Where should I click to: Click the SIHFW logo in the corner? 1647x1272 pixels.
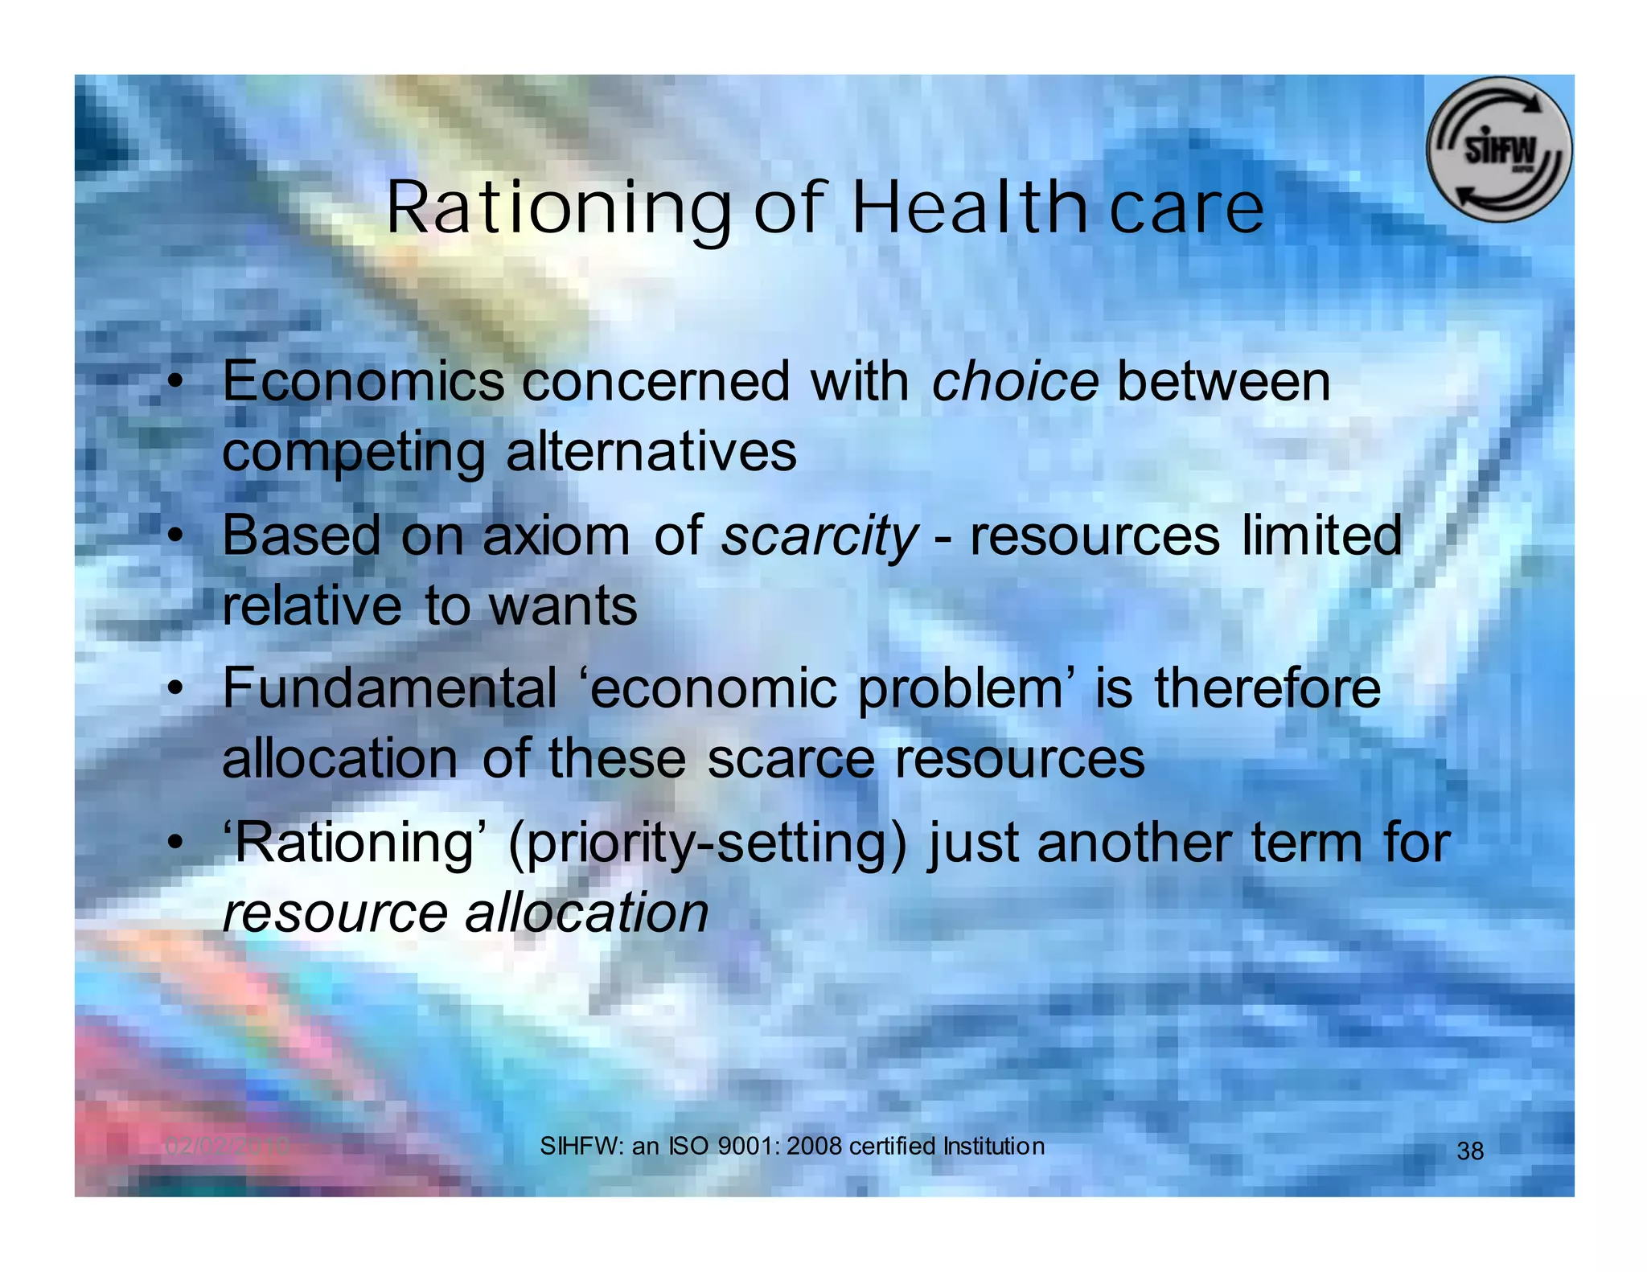coord(1498,150)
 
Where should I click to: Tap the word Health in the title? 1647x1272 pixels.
coord(967,207)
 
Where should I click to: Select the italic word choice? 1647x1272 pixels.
coord(1015,381)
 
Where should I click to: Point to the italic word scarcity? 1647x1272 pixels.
coord(819,537)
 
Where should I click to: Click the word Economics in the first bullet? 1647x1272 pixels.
coord(363,381)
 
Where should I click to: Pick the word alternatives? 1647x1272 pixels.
coord(651,452)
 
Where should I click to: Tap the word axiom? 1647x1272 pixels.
coord(556,535)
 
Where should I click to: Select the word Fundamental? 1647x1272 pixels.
coord(389,689)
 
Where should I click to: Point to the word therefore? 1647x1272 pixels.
coord(1267,689)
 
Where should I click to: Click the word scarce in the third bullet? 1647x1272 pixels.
coord(791,759)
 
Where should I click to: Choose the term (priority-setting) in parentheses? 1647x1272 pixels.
coord(707,844)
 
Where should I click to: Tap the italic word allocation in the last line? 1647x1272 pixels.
coord(587,913)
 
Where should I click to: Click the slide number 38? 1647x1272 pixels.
coord(1470,1151)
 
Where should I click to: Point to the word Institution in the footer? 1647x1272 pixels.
coord(994,1146)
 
